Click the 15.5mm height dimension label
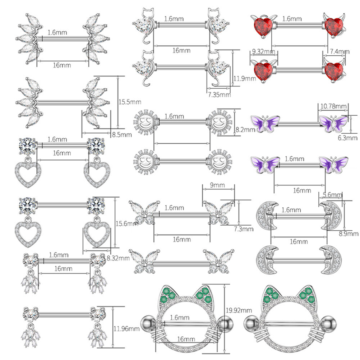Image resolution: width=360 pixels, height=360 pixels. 130,102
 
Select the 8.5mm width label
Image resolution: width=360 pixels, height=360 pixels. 122,134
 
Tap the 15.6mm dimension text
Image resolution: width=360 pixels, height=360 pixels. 126,223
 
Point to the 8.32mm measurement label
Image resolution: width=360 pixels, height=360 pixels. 118,258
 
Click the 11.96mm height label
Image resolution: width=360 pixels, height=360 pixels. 126,329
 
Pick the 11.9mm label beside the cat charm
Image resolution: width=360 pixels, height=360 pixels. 245,79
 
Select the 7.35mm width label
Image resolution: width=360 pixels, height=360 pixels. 219,94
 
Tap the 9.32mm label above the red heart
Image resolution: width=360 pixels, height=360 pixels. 263,52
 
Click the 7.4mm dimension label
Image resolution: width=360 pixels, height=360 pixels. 340,51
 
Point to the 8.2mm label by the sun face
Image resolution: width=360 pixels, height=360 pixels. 245,130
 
